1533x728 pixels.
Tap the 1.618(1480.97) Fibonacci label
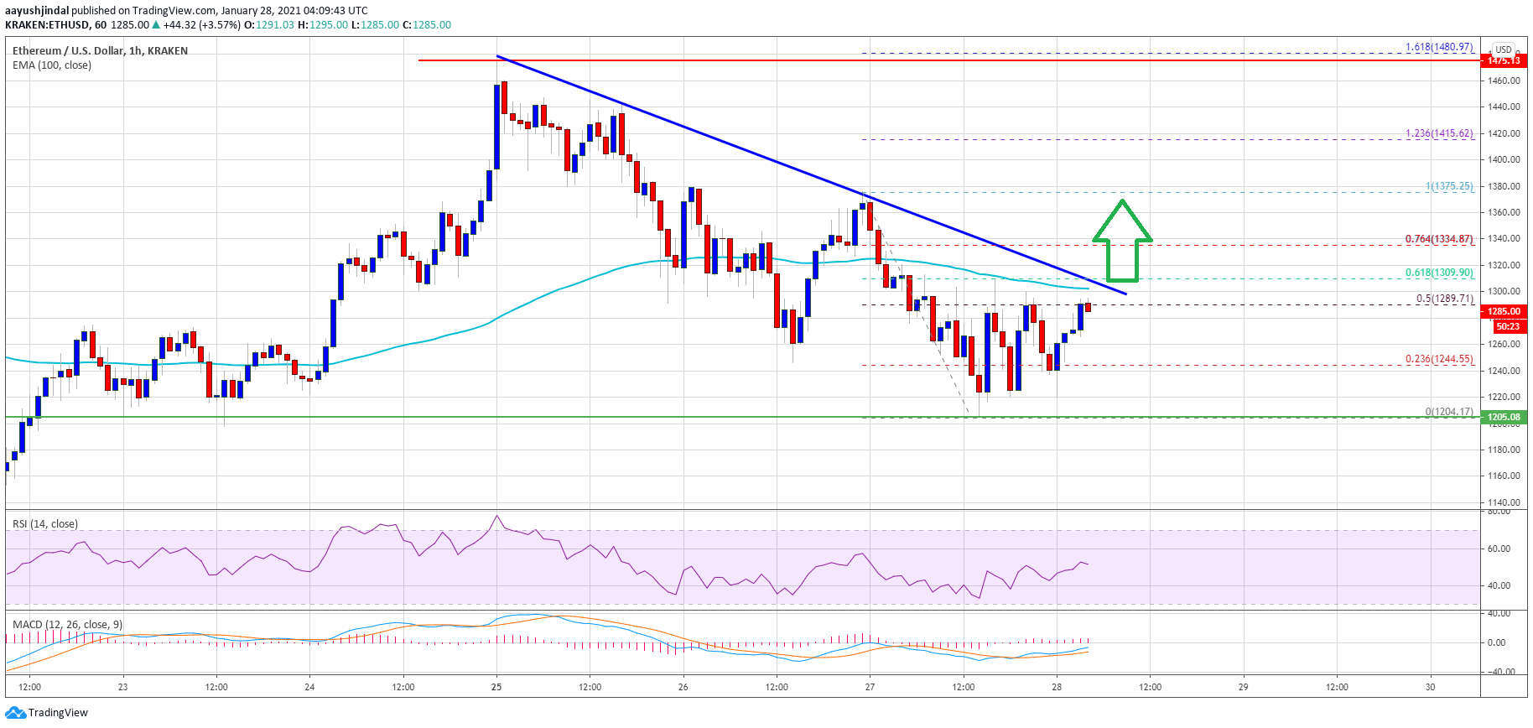[1439, 47]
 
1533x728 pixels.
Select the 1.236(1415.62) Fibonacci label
[1439, 133]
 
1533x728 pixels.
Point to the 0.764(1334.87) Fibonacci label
[1439, 239]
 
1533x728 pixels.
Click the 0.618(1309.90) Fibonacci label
[1439, 273]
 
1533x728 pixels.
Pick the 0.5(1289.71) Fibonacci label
[1444, 299]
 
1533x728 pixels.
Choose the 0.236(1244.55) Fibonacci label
[1439, 359]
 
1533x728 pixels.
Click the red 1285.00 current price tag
[1504, 311]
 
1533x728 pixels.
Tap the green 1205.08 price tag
[1504, 417]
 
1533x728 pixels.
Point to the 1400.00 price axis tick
[1504, 159]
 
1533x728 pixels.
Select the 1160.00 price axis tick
[1504, 476]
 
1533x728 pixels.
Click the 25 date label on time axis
[496, 687]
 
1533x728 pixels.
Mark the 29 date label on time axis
[1244, 687]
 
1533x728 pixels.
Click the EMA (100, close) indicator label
[52, 65]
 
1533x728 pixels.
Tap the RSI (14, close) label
[45, 524]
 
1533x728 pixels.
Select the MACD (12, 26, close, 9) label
[67, 625]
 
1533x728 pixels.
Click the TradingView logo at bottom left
[46, 713]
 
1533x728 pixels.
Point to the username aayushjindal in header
[37, 11]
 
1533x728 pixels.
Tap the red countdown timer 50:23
[1507, 326]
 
